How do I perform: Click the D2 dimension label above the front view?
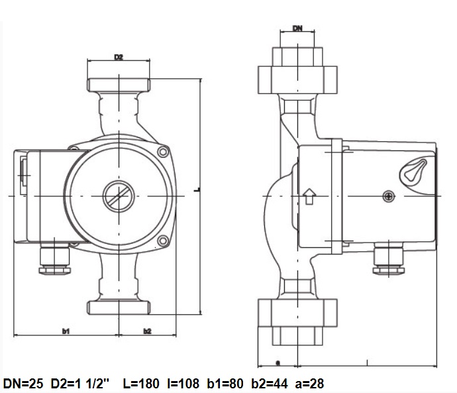coord(119,58)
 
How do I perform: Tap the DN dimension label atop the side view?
coord(298,29)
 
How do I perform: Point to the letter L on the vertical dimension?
coord(197,190)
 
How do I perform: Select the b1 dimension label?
coord(66,329)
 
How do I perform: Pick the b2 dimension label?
coord(147,329)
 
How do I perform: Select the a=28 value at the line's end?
coord(308,383)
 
